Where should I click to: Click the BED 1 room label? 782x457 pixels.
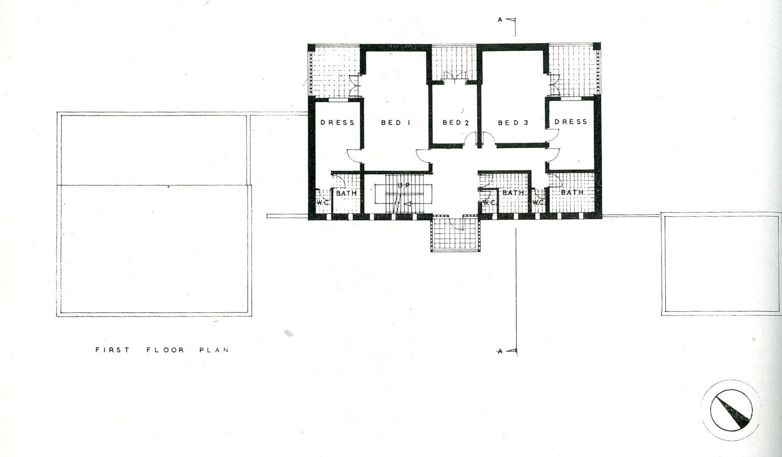396,123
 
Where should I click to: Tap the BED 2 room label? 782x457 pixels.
456,123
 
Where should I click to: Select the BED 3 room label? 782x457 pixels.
513,123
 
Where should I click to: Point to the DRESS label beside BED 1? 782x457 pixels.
338,123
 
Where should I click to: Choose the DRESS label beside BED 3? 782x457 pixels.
571,122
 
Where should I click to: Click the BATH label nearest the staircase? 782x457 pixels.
346,193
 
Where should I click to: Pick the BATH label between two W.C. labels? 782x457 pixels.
513,193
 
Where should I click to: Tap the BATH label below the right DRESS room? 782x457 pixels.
572,192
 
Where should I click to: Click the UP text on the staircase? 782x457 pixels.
404,185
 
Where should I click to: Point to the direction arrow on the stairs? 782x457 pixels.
407,204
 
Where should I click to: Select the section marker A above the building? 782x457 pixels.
500,19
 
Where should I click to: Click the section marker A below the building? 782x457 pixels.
500,351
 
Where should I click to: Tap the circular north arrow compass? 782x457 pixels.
731,410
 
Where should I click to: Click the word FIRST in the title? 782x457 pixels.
112,350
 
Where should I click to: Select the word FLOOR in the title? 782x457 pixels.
165,350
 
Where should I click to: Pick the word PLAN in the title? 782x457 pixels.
214,350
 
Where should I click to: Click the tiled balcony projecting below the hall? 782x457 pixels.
455,233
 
